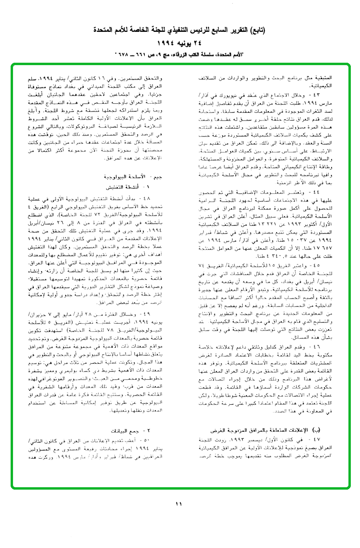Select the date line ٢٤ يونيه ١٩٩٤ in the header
(180, 42)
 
